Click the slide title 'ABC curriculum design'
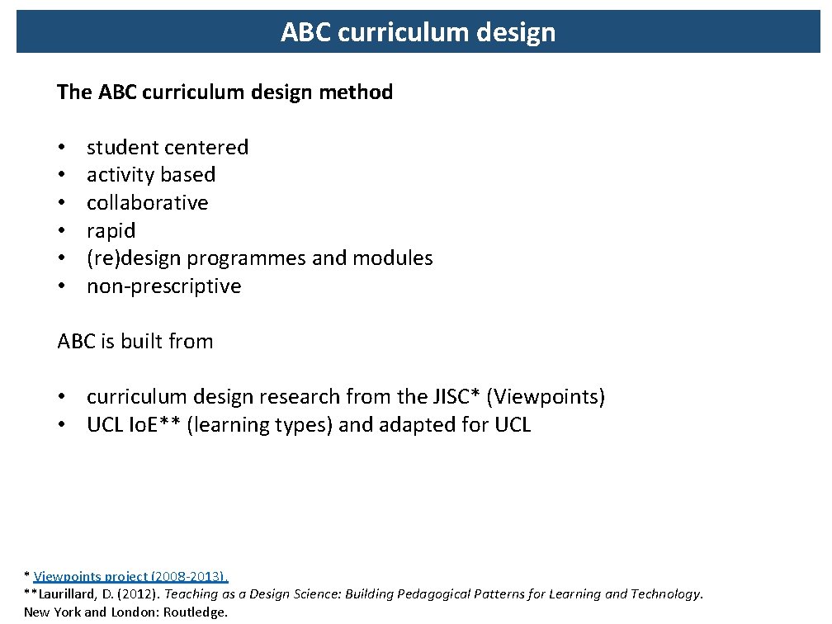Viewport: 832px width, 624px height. coord(418,32)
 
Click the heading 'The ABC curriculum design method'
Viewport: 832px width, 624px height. coord(225,92)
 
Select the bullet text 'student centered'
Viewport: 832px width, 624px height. coord(167,148)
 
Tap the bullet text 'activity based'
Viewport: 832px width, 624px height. coord(151,175)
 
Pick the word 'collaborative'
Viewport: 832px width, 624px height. coord(147,203)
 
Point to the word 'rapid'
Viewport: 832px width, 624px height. coord(111,231)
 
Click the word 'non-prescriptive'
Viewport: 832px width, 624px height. coord(163,286)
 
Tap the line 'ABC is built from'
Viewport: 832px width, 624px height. coord(135,342)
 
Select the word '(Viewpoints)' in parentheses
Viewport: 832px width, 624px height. coord(546,397)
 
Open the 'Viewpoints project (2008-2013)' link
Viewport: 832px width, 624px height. coord(130,577)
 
